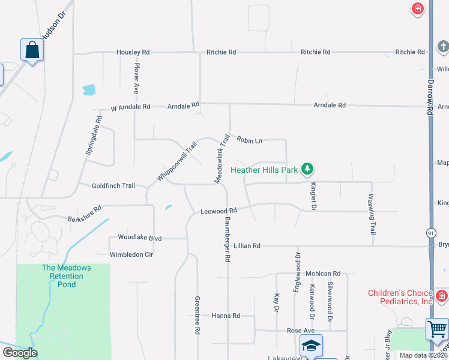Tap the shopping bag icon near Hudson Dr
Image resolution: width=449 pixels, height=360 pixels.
[32, 50]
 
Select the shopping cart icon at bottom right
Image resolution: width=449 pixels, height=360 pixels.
[437, 329]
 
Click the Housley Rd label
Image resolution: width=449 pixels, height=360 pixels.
[133, 53]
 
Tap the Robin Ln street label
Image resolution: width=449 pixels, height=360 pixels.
[249, 140]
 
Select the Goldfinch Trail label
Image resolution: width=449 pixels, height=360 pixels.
[113, 186]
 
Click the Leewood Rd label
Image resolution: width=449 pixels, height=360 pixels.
[218, 211]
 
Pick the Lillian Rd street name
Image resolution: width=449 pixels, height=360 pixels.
[247, 246]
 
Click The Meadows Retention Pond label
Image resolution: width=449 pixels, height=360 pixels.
[67, 276]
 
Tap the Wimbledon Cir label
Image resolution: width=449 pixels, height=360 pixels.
[131, 254]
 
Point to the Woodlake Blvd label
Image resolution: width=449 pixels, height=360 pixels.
[140, 238]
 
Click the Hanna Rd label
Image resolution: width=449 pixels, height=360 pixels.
[226, 316]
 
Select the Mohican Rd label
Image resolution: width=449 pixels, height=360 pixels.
[323, 274]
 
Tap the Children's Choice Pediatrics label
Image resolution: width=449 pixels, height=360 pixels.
[400, 297]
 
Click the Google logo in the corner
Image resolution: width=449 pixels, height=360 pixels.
[20, 353]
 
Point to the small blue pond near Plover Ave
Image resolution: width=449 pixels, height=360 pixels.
[89, 90]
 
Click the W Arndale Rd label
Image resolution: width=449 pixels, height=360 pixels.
[130, 107]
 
